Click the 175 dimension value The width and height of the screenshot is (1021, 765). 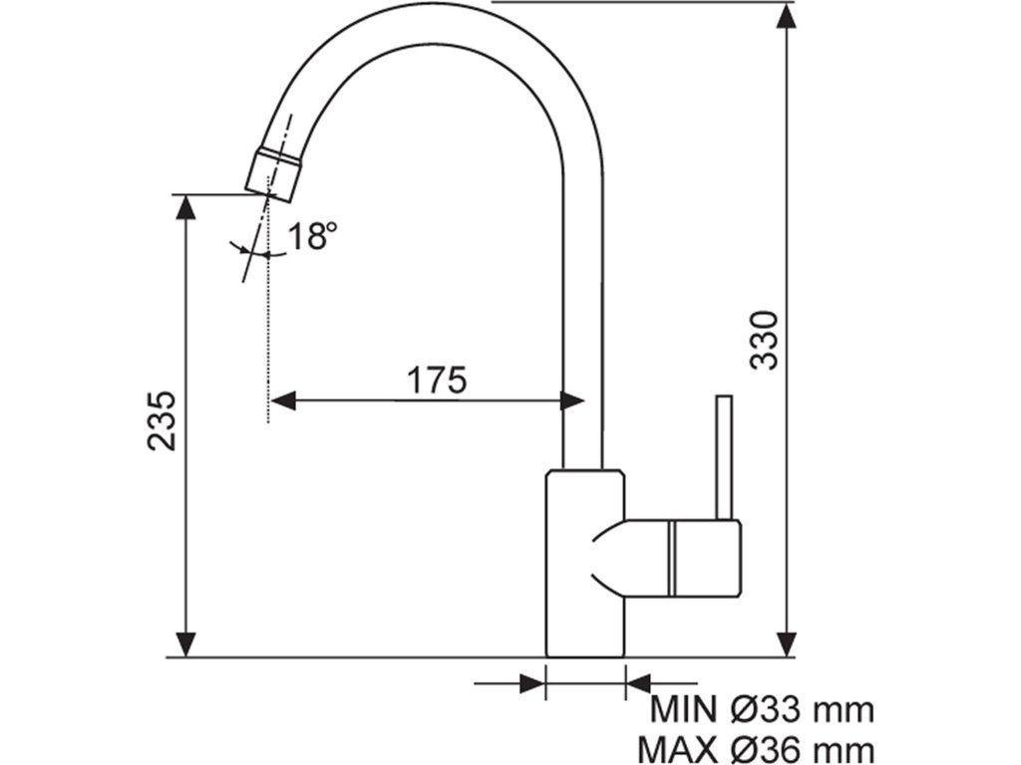click(x=437, y=380)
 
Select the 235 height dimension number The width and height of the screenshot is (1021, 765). click(x=162, y=419)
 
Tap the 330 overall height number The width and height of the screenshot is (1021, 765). click(x=762, y=340)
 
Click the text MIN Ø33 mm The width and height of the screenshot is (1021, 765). click(x=763, y=710)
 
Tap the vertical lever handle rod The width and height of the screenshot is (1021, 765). click(x=725, y=457)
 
